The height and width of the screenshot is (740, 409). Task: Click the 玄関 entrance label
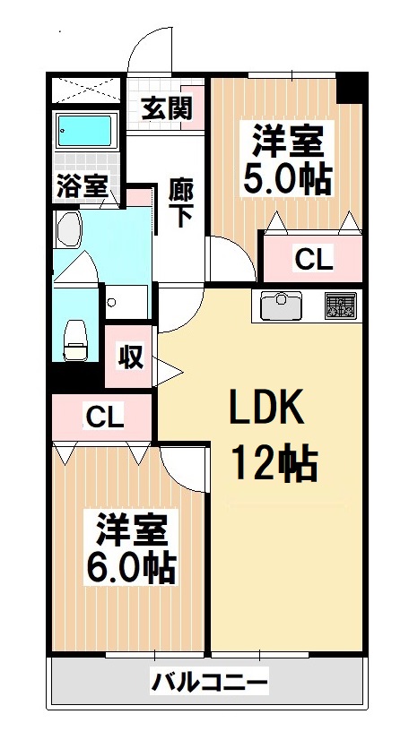pos(167,109)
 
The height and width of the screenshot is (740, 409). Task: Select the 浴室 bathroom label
pos(83,186)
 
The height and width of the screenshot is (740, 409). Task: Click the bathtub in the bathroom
pos(84,133)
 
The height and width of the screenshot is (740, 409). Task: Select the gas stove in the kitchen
pos(340,306)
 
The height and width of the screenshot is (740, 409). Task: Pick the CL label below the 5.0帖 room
pos(314,261)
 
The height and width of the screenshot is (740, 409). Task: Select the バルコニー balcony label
pos(208,684)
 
